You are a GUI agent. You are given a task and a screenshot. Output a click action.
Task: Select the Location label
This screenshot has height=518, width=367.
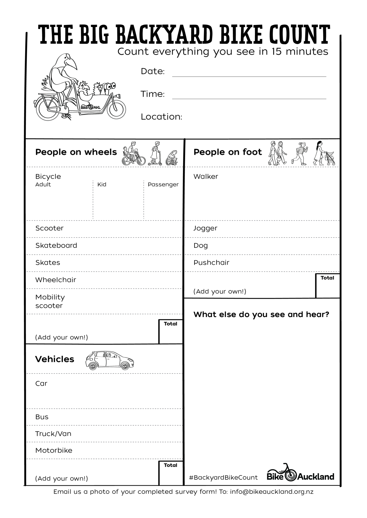click(161, 117)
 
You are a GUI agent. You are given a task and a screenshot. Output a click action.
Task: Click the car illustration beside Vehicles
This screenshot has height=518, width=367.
click(109, 360)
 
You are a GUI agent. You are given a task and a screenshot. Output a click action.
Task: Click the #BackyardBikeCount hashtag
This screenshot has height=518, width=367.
click(223, 478)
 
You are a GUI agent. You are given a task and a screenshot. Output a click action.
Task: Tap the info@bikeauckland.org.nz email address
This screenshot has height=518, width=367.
click(272, 492)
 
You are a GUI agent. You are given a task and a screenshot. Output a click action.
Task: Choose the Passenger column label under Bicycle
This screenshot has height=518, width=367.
click(163, 185)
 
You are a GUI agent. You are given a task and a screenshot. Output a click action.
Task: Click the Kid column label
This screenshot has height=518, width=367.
click(102, 185)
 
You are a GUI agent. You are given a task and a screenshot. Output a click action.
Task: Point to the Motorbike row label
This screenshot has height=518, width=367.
click(54, 450)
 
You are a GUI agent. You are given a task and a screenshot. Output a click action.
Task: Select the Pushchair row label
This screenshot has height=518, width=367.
click(211, 263)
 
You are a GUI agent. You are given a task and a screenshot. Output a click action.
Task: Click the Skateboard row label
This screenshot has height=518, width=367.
click(56, 245)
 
